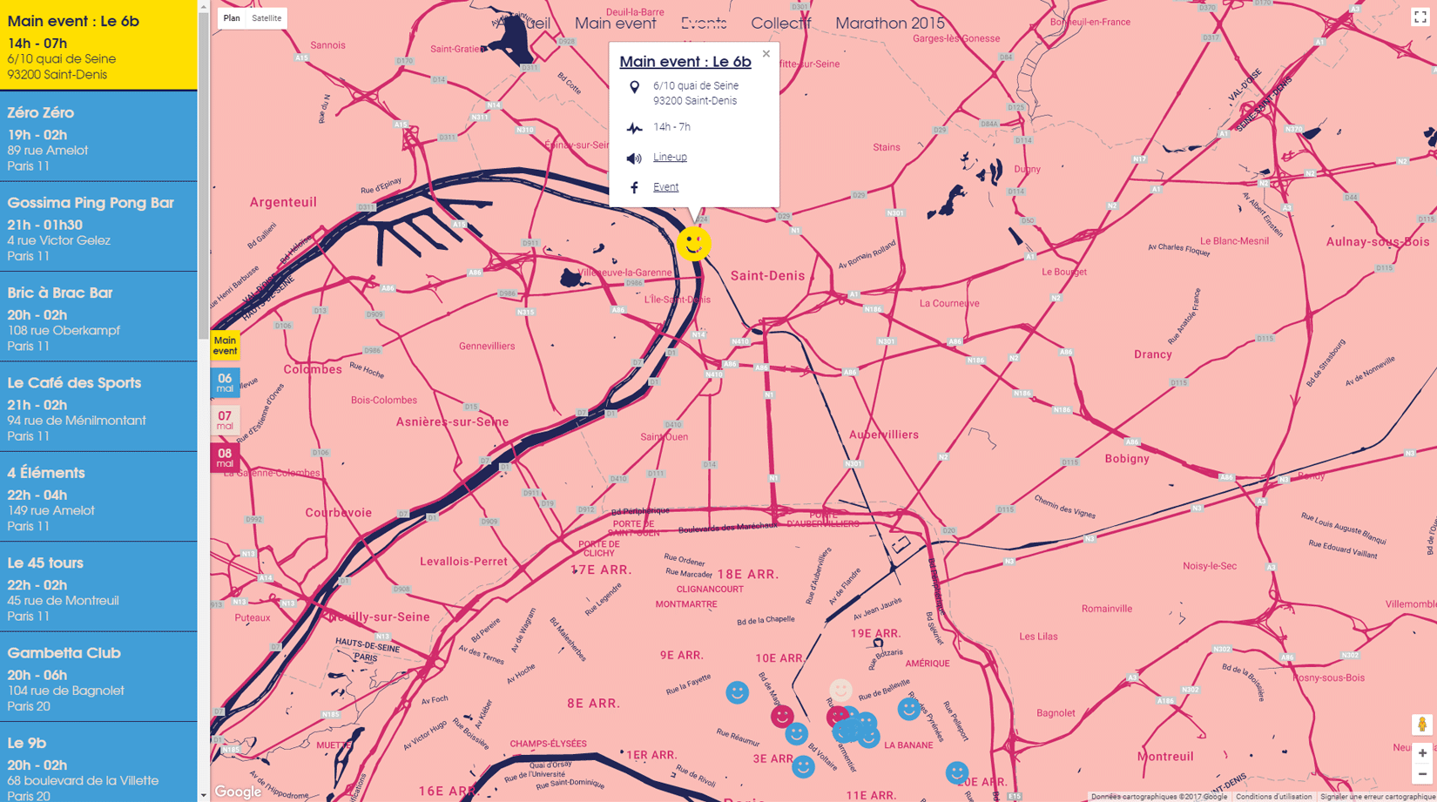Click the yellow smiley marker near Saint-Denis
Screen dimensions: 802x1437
coord(694,244)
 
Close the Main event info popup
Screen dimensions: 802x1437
coord(766,54)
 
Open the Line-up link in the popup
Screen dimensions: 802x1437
coord(670,157)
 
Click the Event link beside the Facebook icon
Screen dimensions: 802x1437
coord(665,187)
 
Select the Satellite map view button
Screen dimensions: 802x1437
coord(266,18)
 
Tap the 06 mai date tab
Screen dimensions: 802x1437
coord(225,383)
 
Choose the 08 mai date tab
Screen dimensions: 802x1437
coord(225,458)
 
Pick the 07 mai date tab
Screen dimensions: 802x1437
coord(225,421)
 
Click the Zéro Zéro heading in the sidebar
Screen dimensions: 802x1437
coord(41,113)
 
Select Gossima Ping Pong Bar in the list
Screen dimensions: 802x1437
coord(91,203)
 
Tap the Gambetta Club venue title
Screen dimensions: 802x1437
coord(64,653)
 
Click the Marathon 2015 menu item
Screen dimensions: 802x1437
coord(889,24)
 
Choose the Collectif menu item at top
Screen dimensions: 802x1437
coord(780,24)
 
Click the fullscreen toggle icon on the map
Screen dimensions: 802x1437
coord(1420,17)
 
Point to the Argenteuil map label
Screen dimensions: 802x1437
coord(283,202)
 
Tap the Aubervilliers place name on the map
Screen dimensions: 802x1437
coord(883,435)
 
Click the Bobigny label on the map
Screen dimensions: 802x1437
coord(1127,459)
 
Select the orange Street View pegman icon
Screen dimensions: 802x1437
coord(1421,724)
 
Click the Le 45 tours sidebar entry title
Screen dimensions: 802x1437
coord(45,563)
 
